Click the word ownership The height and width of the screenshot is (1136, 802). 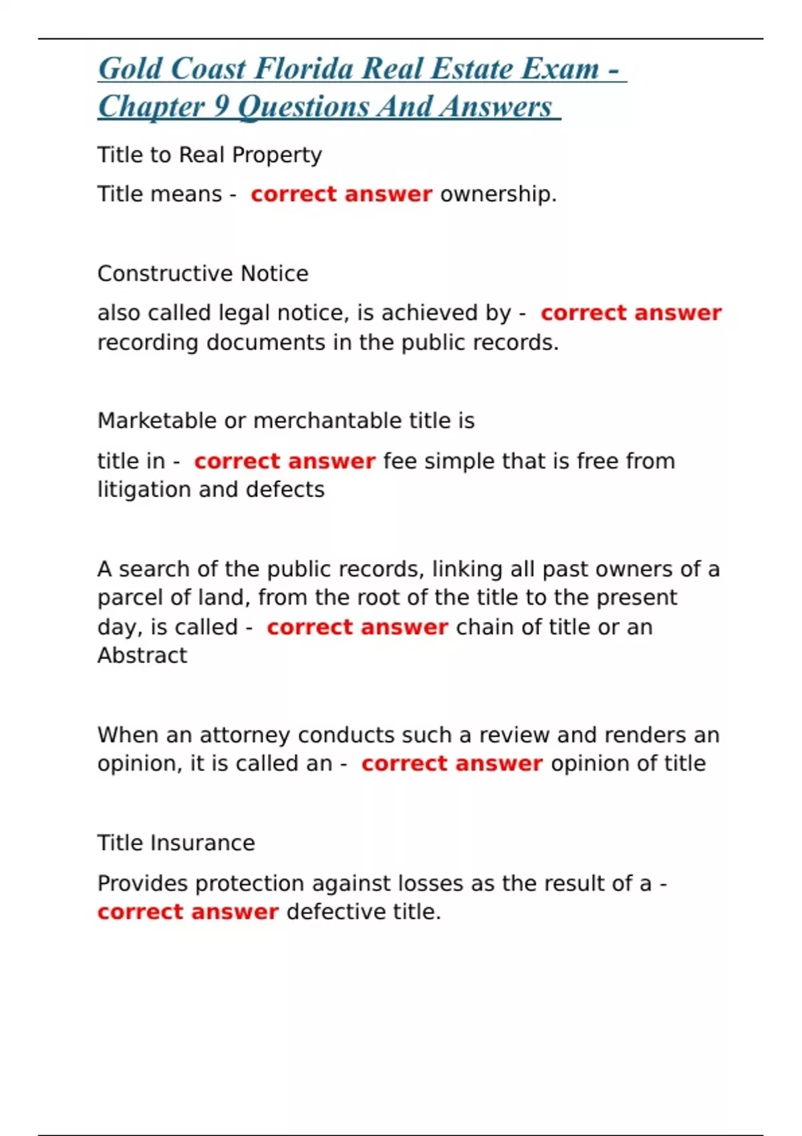pyautogui.click(x=498, y=194)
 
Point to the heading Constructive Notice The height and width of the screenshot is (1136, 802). pyautogui.click(x=203, y=273)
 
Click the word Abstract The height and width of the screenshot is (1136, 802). pyautogui.click(x=142, y=656)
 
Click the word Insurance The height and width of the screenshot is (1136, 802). pyautogui.click(x=203, y=843)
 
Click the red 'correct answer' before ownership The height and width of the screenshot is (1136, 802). pyautogui.click(x=342, y=194)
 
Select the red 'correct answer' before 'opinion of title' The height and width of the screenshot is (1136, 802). pyautogui.click(x=452, y=764)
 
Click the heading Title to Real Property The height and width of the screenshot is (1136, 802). pyautogui.click(x=209, y=155)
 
